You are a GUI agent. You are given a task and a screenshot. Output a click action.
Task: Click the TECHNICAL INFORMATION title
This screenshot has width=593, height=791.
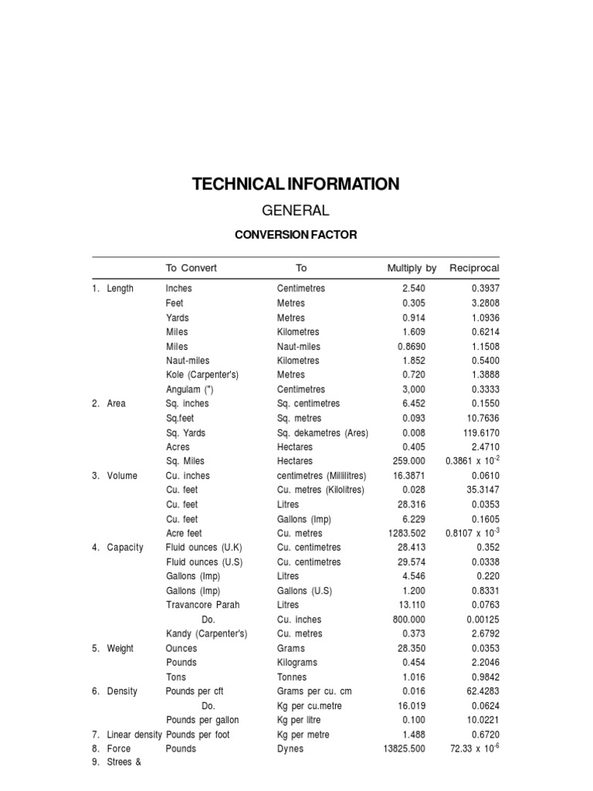tap(296, 184)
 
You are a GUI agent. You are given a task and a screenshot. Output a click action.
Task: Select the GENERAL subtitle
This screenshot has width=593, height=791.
tap(296, 210)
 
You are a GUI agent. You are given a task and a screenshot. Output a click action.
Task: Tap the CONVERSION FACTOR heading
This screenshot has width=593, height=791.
tap(296, 235)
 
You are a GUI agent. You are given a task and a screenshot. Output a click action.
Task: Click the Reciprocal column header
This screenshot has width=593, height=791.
tap(474, 268)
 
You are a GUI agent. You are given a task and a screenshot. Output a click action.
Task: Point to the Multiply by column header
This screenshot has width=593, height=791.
tap(412, 268)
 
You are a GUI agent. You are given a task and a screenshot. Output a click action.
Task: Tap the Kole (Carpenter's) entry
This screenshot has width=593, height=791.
tap(202, 375)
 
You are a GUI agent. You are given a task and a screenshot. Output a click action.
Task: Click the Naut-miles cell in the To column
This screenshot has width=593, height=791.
tap(299, 346)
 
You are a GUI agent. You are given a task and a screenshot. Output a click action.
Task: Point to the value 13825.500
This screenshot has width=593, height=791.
tap(404, 749)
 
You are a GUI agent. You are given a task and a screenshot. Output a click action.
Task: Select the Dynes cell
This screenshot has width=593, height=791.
tap(290, 749)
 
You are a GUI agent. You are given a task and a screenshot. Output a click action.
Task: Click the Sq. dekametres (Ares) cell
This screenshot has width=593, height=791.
tap(322, 433)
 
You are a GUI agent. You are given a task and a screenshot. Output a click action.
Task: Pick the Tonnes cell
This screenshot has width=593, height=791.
tap(293, 677)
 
